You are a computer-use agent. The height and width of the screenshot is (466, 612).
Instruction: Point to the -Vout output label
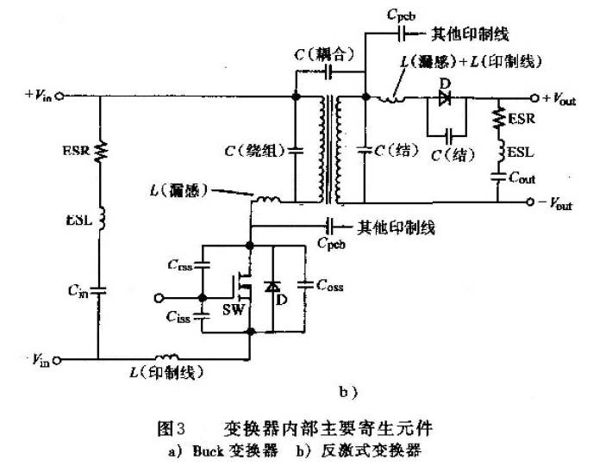pos(560,205)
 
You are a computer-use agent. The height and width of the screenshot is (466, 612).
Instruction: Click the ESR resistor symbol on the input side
pos(99,151)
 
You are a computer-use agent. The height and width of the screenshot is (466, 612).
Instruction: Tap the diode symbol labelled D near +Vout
pos(445,97)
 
